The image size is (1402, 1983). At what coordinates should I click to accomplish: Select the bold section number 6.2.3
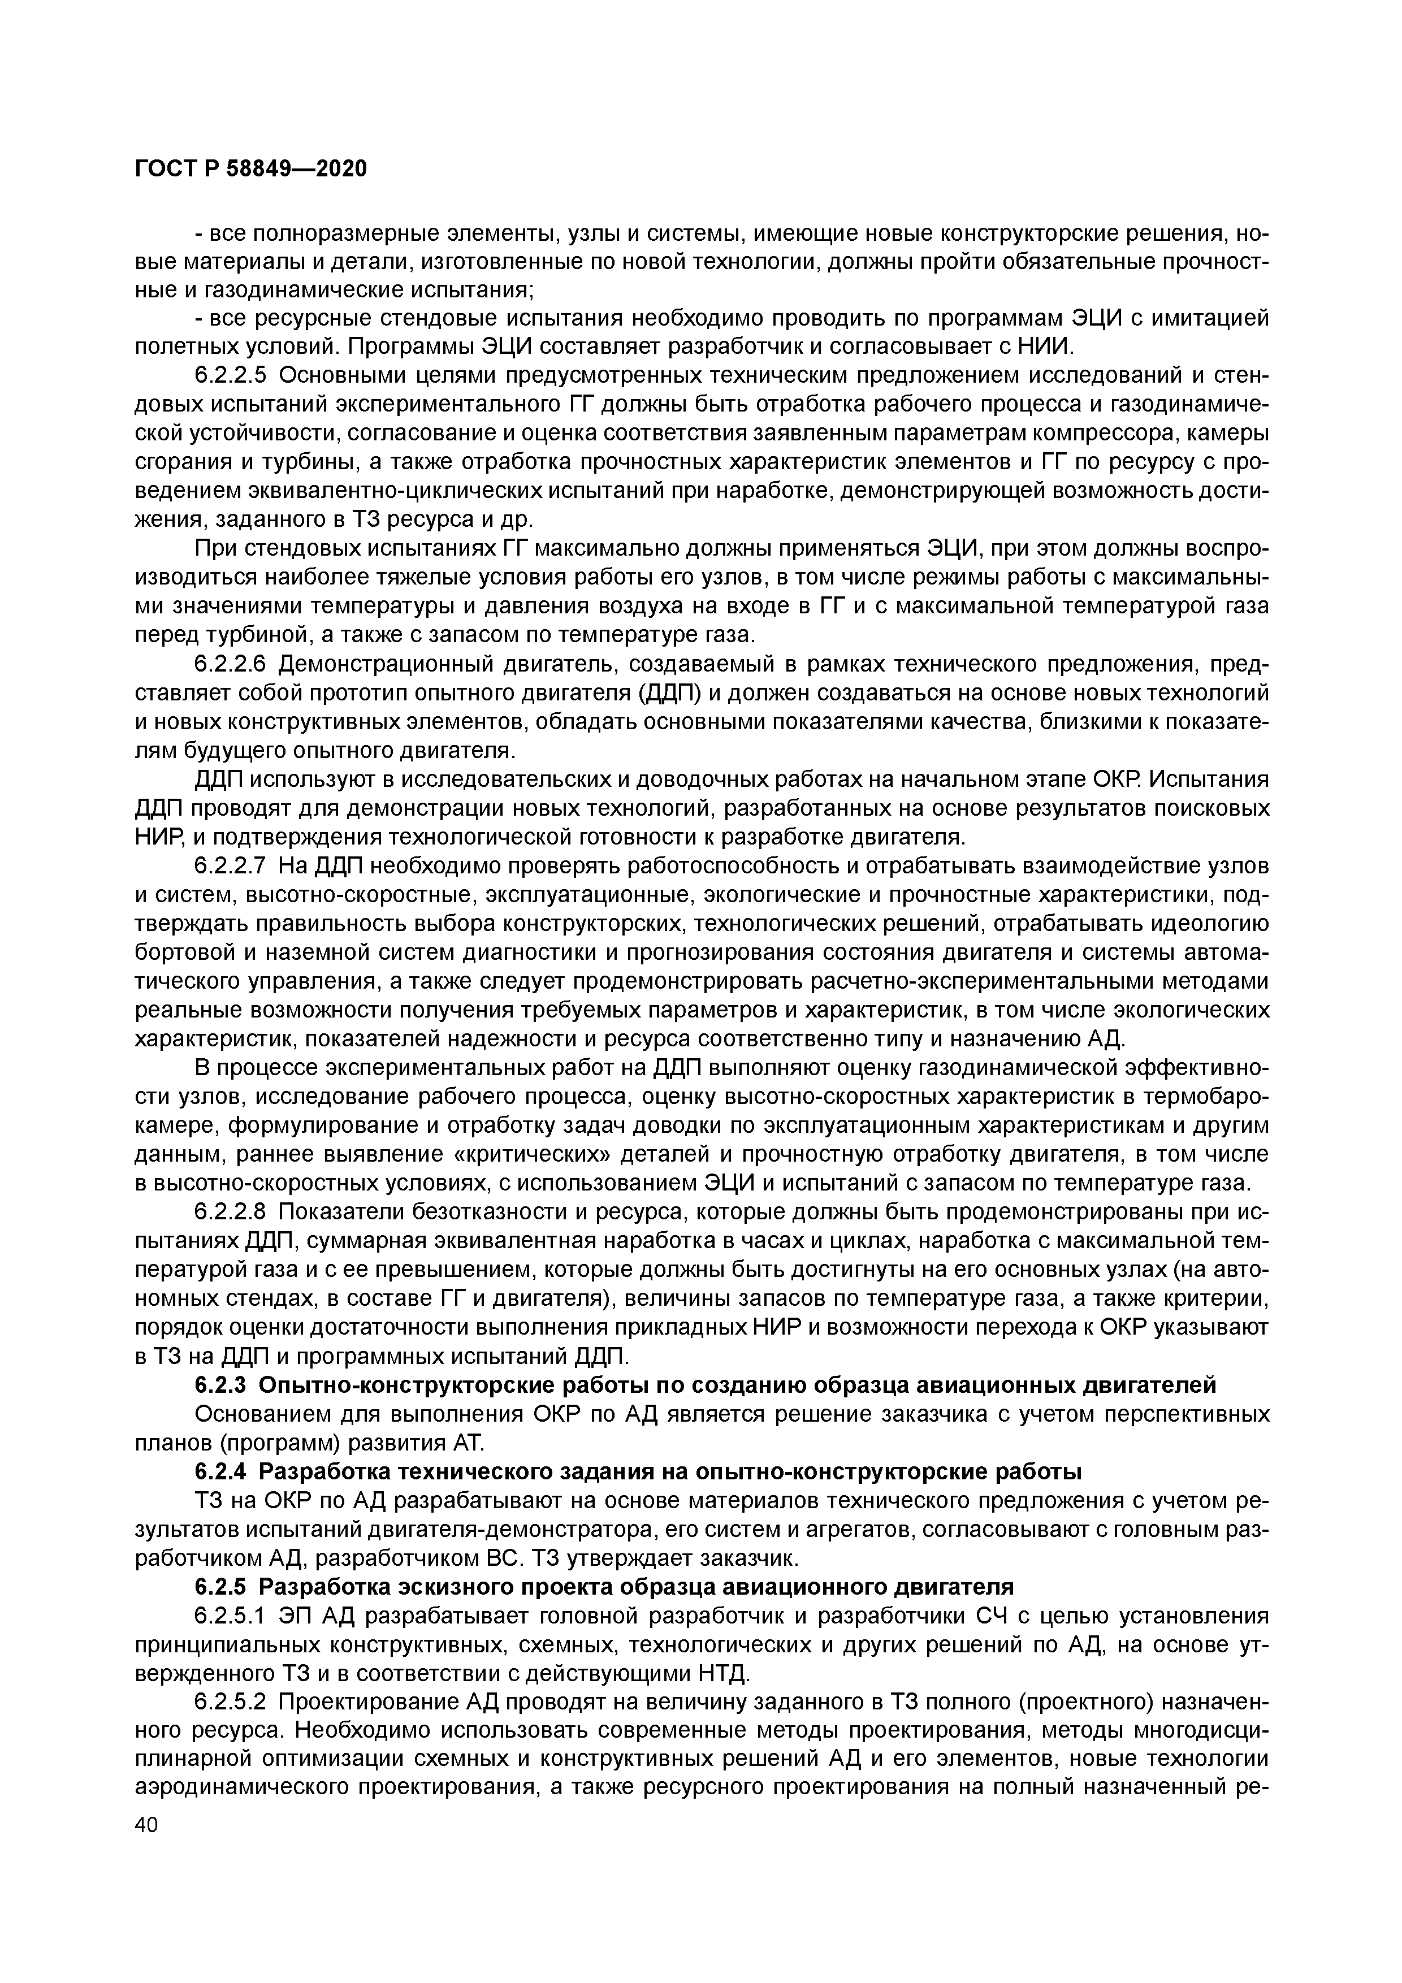click(220, 1385)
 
